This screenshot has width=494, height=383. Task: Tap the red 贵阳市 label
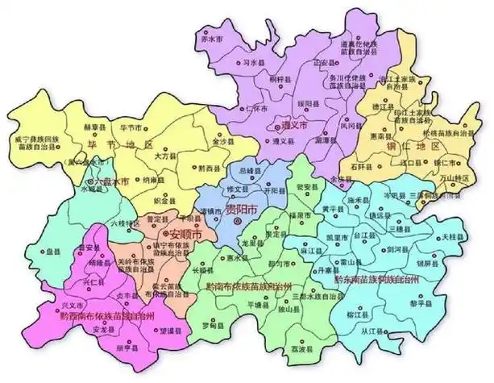coord(242,211)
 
